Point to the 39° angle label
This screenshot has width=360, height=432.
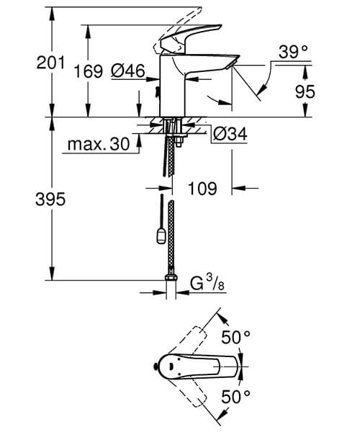(293, 53)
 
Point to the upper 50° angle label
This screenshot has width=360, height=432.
(235, 336)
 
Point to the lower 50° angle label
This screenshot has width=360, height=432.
(235, 395)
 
